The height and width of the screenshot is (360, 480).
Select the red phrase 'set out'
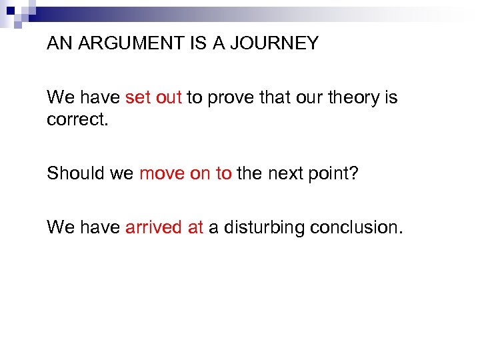click(153, 98)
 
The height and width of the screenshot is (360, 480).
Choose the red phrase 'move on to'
click(185, 173)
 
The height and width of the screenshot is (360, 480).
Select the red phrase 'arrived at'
click(164, 227)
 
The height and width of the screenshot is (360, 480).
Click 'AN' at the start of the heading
click(58, 44)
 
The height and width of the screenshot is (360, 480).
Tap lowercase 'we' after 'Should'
click(122, 174)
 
